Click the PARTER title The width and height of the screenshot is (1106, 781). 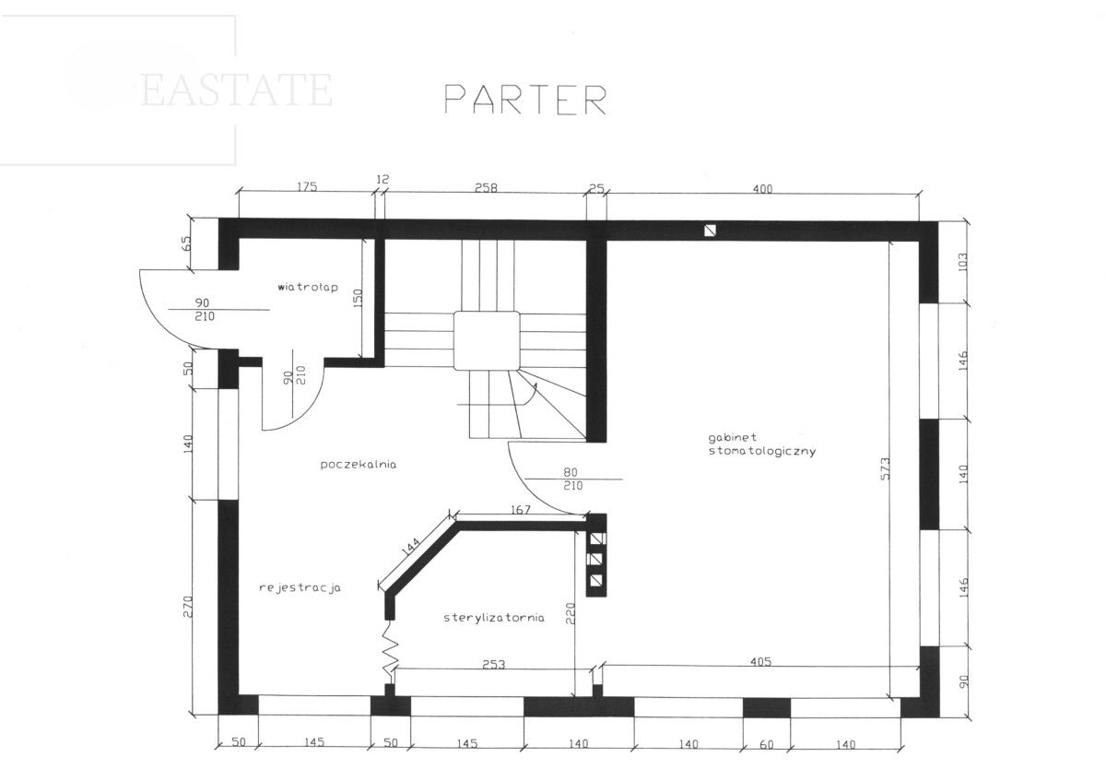(525, 100)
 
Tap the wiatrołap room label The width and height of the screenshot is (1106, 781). (308, 287)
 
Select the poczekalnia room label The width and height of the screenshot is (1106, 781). (358, 465)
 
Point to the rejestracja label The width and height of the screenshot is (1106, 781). (300, 587)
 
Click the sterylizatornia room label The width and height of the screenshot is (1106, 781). (494, 618)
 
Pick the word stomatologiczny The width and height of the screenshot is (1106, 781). (762, 452)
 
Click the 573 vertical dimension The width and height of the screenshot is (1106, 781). (885, 468)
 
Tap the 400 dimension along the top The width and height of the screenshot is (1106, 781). (762, 189)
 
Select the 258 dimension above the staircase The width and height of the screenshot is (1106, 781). (486, 188)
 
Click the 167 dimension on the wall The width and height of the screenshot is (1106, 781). (520, 509)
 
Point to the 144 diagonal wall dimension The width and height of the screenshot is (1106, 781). (411, 547)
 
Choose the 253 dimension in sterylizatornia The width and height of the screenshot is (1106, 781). (494, 665)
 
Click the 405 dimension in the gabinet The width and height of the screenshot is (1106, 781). (761, 661)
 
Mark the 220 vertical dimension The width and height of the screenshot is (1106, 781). (570, 613)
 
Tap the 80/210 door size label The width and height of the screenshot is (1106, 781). (572, 479)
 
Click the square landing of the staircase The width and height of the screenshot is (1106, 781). (487, 341)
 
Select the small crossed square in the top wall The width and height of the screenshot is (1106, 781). (710, 231)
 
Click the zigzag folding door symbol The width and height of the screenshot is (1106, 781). (391, 652)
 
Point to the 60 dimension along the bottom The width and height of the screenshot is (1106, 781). (766, 744)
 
